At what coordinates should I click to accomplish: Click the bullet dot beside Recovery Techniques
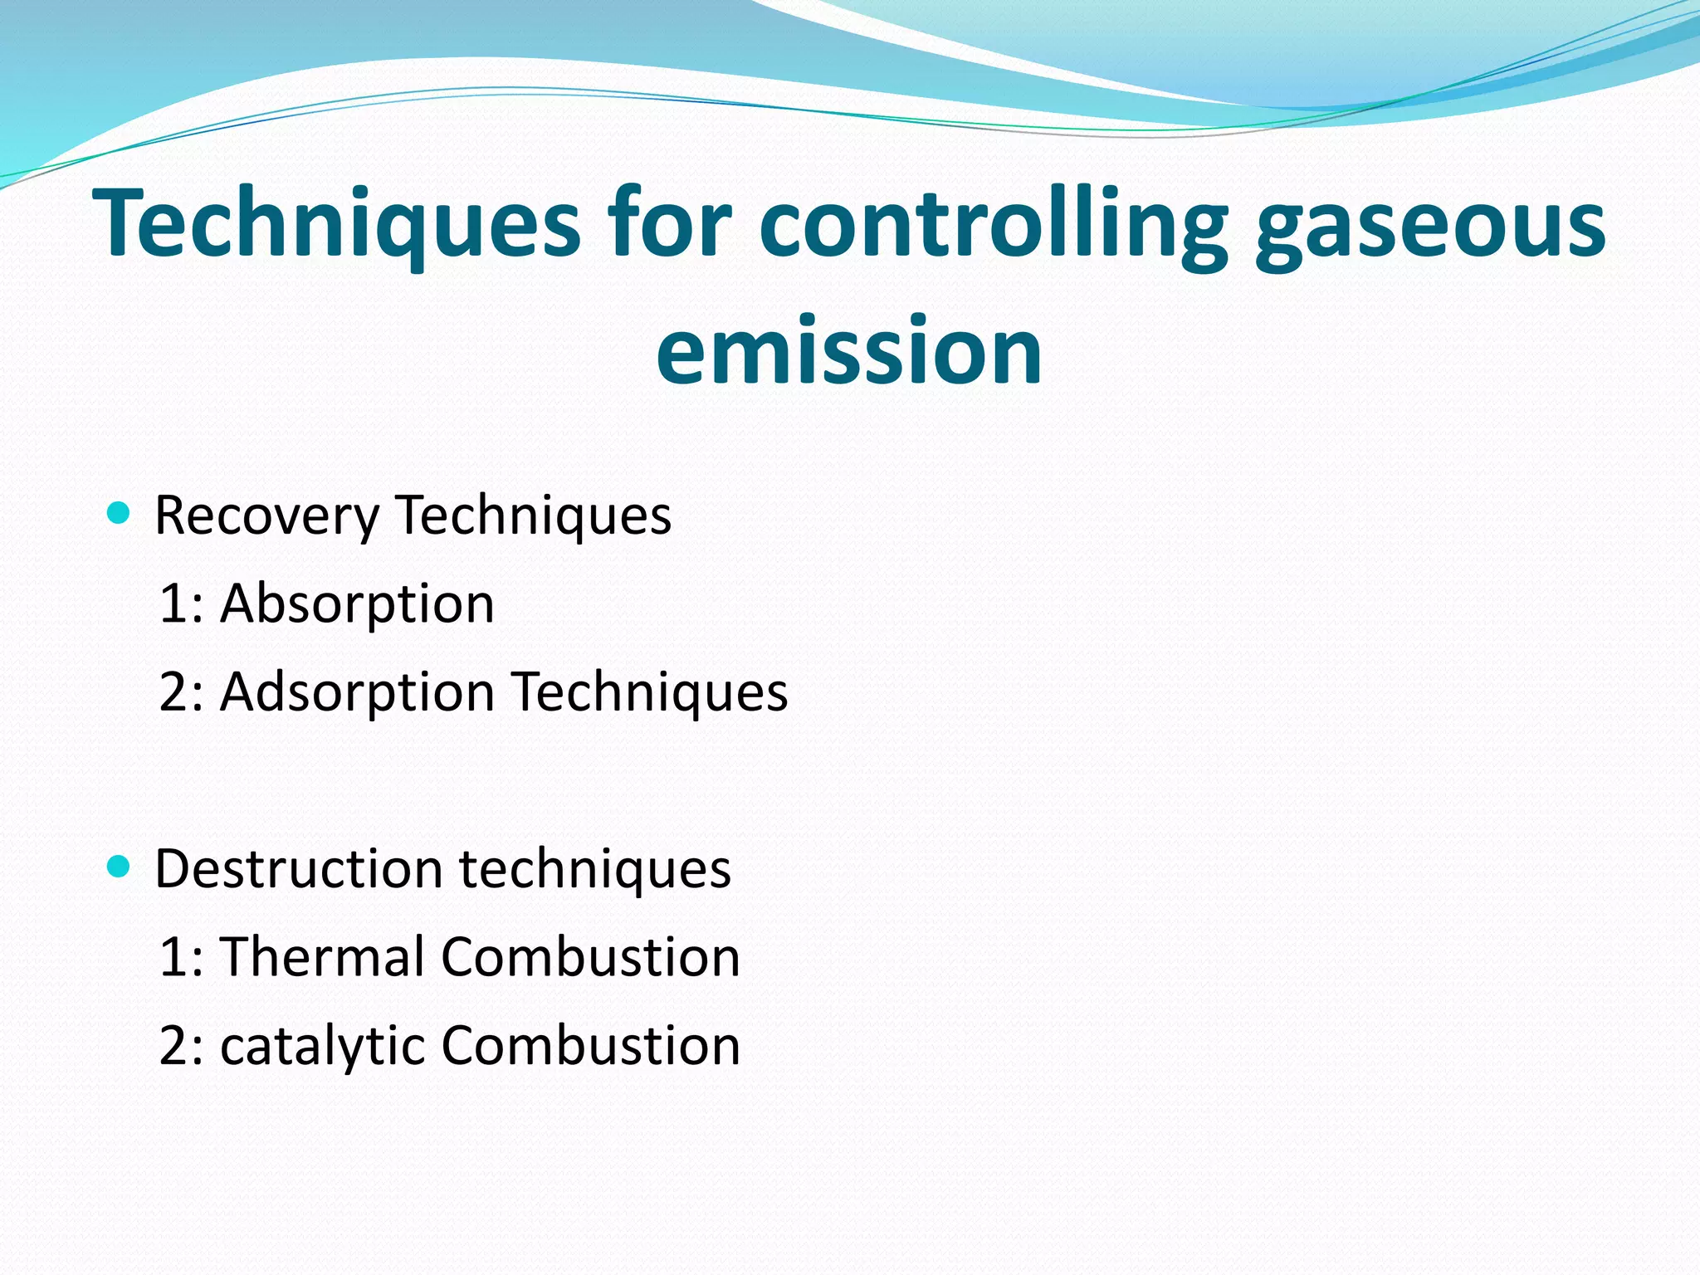(120, 513)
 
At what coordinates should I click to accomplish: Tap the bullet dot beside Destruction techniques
(120, 867)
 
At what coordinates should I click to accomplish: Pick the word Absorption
(357, 603)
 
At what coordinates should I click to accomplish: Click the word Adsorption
(357, 692)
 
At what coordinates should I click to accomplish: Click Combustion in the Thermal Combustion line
(590, 956)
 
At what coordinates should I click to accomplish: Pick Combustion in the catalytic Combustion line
(590, 1045)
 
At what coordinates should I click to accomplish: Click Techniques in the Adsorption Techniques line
(649, 692)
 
